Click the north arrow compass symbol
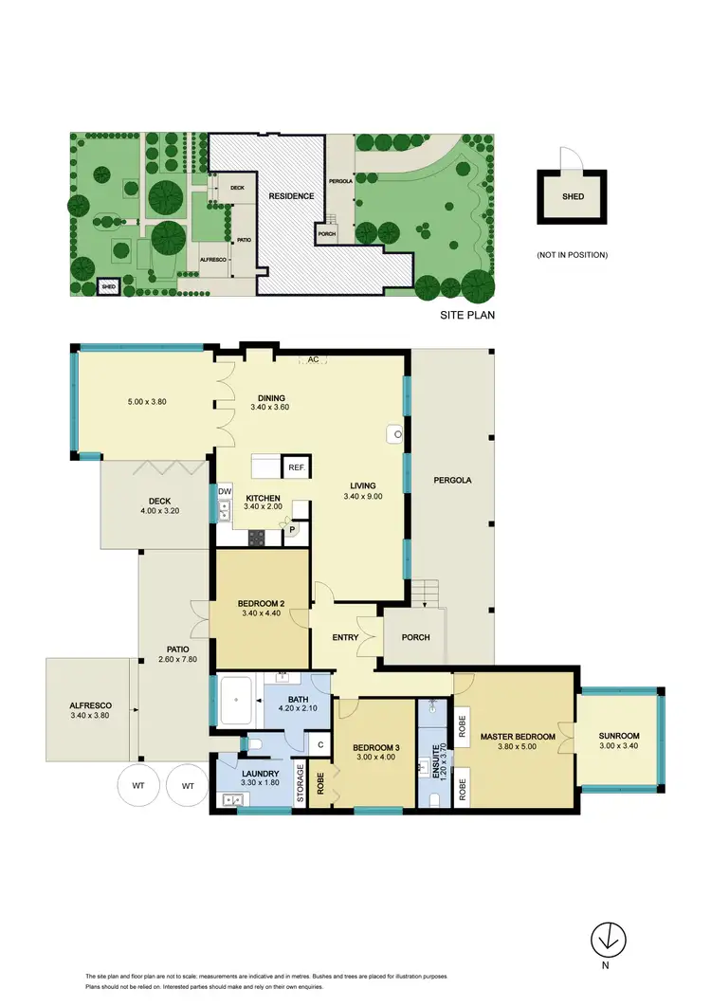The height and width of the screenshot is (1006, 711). coord(609,940)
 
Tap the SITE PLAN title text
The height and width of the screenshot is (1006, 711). coord(468,314)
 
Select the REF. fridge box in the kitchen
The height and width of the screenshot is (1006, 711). coord(297,467)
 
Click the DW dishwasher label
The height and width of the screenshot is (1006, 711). coord(225,491)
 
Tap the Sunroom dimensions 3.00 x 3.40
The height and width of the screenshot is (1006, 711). coord(618,747)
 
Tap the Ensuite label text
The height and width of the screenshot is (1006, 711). coord(437,762)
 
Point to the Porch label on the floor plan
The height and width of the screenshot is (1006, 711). coord(415,637)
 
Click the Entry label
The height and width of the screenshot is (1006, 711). coord(346,637)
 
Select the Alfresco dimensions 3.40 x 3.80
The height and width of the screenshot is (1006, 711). coord(91,717)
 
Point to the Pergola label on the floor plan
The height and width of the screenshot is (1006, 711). coord(452,480)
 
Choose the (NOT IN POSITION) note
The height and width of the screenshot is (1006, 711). coord(571,254)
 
